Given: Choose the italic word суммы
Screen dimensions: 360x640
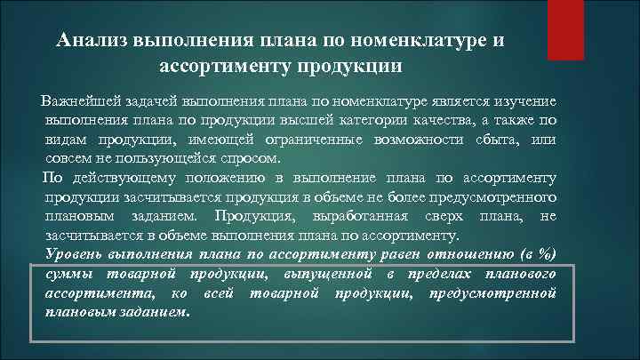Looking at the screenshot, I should click(x=69, y=275).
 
